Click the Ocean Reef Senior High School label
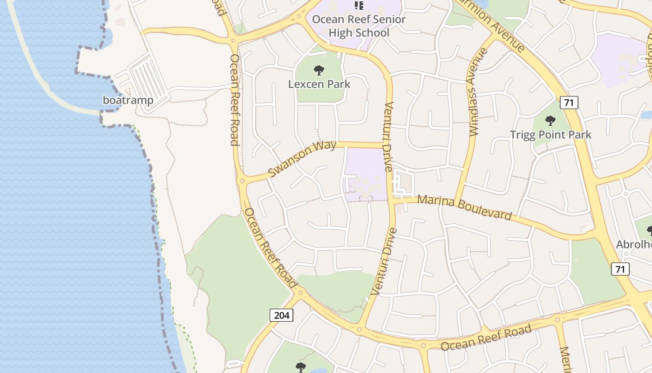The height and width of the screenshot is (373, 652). tap(359, 26)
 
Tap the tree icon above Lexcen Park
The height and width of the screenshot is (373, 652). tap(319, 71)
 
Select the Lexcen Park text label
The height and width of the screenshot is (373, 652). tap(319, 84)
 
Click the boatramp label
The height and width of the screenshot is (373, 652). tap(128, 100)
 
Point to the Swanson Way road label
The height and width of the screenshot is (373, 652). tap(302, 159)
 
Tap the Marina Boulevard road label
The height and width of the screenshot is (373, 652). tap(464, 207)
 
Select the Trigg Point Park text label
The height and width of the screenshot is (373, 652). tap(550, 135)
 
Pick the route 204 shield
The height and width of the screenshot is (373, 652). tap(281, 315)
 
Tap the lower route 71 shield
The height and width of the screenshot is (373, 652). tap(620, 269)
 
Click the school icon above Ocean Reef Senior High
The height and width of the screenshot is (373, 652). tap(359, 6)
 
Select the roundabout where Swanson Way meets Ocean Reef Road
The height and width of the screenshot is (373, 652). tap(242, 181)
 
